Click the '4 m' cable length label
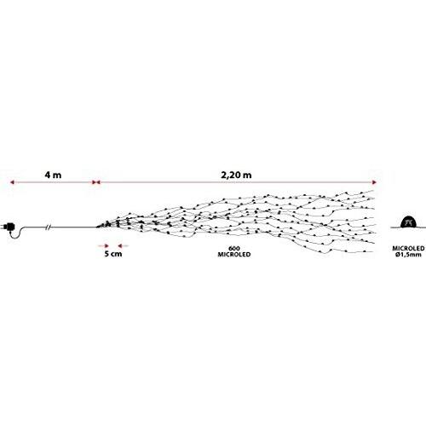click(53, 175)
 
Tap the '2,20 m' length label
click(236, 175)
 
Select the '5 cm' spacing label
click(113, 254)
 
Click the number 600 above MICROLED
click(234, 249)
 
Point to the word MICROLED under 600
click(234, 255)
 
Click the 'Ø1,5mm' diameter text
click(408, 255)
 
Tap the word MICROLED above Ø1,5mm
click(408, 249)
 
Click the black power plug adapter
click(12, 227)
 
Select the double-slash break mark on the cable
click(49, 227)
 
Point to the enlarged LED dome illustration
click(408, 222)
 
